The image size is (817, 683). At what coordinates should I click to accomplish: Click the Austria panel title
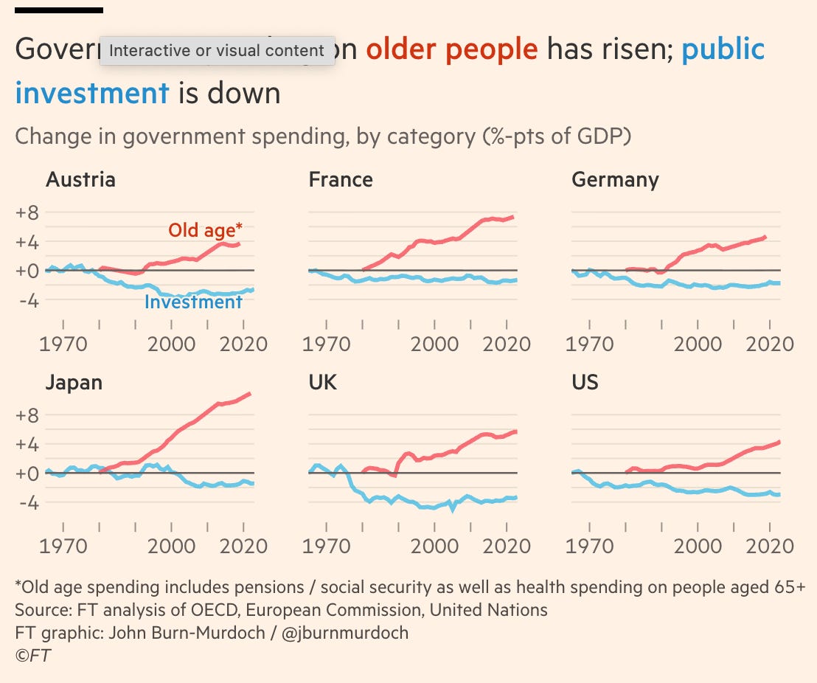pyautogui.click(x=80, y=180)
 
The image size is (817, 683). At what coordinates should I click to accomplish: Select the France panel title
pyautogui.click(x=341, y=180)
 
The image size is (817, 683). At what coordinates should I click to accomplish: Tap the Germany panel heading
pyautogui.click(x=615, y=180)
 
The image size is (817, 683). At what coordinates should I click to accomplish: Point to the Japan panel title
pyautogui.click(x=74, y=383)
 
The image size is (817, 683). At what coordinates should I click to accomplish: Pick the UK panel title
pyautogui.click(x=322, y=383)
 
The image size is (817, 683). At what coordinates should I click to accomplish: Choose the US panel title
pyautogui.click(x=585, y=383)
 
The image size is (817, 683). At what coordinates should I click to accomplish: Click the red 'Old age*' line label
pyautogui.click(x=205, y=230)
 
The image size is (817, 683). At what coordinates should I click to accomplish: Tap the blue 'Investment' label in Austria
pyautogui.click(x=193, y=302)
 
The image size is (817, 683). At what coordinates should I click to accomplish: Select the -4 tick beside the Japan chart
pyautogui.click(x=28, y=502)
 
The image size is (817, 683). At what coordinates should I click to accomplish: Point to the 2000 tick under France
pyautogui.click(x=434, y=344)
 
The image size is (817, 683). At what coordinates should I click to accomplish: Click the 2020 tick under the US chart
pyautogui.click(x=771, y=547)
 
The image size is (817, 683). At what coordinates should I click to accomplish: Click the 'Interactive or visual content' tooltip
pyautogui.click(x=217, y=51)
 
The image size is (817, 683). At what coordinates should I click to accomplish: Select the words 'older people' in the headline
pyautogui.click(x=452, y=49)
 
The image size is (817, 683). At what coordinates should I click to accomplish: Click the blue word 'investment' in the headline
pyautogui.click(x=92, y=94)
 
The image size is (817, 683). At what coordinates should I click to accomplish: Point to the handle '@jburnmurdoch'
pyautogui.click(x=345, y=633)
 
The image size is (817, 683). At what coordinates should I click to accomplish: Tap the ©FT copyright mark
pyautogui.click(x=33, y=656)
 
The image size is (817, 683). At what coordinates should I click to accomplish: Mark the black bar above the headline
pyautogui.click(x=59, y=10)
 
